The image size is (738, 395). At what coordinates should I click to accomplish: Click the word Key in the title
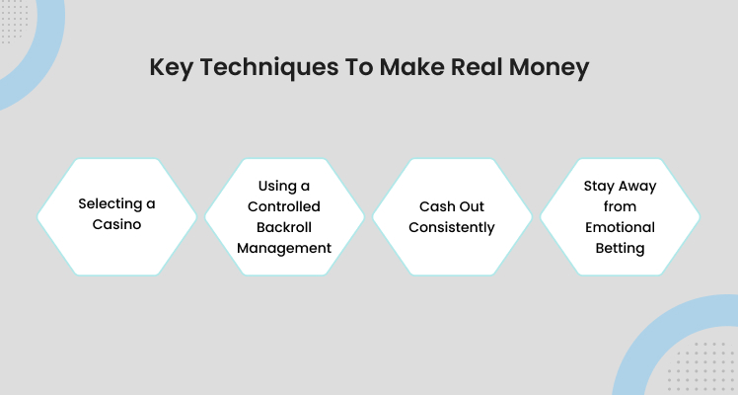click(x=171, y=67)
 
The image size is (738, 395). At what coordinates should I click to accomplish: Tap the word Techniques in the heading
click(x=269, y=67)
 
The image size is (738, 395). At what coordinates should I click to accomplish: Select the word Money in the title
click(x=549, y=67)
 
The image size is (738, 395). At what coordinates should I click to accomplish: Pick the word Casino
click(x=116, y=224)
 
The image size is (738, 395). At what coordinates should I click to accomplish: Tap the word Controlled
click(x=284, y=206)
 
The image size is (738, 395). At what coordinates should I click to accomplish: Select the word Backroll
click(x=284, y=227)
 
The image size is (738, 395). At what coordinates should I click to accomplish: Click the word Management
click(x=284, y=249)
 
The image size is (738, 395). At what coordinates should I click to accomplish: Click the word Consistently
click(x=452, y=228)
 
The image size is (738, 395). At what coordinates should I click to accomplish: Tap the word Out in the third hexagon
click(x=471, y=206)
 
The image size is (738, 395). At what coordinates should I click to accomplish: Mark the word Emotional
click(x=620, y=227)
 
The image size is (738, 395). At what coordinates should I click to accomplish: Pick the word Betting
click(x=620, y=249)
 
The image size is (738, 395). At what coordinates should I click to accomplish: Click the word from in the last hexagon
click(x=620, y=206)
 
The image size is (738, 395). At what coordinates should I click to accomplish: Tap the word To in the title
click(x=359, y=67)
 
